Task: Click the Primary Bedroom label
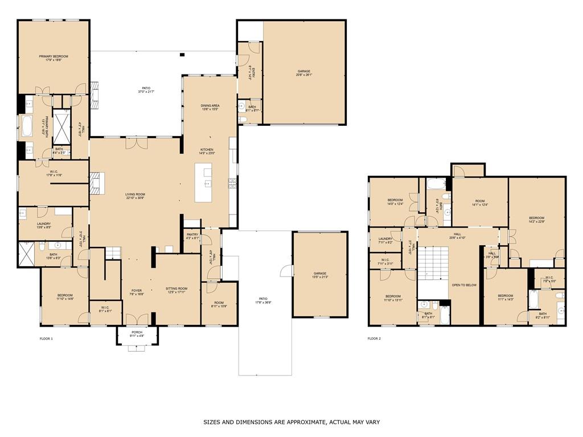pyautogui.click(x=54, y=56)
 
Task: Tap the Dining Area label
pyautogui.click(x=210, y=106)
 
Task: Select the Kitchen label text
pyautogui.click(x=206, y=150)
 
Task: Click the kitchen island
pyautogui.click(x=203, y=182)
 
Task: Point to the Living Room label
pyautogui.click(x=135, y=195)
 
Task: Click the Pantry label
pyautogui.click(x=192, y=234)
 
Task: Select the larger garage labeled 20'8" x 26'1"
pyautogui.click(x=304, y=72)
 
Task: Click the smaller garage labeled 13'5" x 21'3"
pyautogui.click(x=319, y=274)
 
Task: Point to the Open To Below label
pyautogui.click(x=464, y=285)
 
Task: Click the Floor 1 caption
pyautogui.click(x=46, y=339)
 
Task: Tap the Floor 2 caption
pyautogui.click(x=373, y=339)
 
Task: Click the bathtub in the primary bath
pyautogui.click(x=27, y=126)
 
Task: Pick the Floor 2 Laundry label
pyautogui.click(x=385, y=239)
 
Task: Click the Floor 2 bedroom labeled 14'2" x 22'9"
pyautogui.click(x=536, y=218)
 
